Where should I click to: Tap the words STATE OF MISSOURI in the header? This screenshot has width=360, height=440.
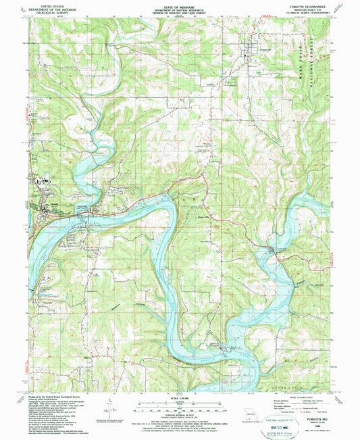tap(178, 3)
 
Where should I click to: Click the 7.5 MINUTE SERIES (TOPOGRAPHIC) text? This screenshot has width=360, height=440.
tap(308, 13)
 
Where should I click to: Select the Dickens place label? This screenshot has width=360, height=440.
tap(211, 85)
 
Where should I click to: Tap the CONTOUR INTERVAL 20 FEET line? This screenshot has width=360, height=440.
tap(178, 413)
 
